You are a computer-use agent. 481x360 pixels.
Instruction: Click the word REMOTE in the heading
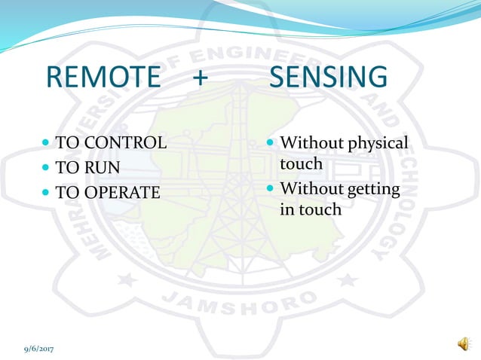tap(103, 78)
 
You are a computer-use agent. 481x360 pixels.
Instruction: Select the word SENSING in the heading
tap(328, 78)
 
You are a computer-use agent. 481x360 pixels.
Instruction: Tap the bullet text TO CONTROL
tap(112, 142)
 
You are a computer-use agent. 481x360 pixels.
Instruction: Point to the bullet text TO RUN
tap(88, 167)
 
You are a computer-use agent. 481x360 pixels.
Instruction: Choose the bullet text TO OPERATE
tap(108, 192)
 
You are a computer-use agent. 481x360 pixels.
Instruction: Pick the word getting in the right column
tap(370, 188)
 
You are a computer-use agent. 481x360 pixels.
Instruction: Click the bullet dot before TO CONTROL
tap(47, 142)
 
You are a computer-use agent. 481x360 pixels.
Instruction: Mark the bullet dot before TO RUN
tap(47, 167)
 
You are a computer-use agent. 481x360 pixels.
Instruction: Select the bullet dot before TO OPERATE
tap(47, 192)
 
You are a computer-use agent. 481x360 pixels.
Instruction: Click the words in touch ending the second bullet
tap(311, 209)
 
